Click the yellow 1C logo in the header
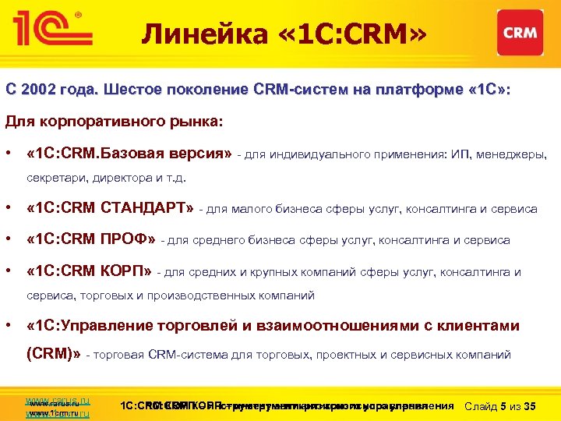tap(50, 29)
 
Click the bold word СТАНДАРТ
tap(146, 208)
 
